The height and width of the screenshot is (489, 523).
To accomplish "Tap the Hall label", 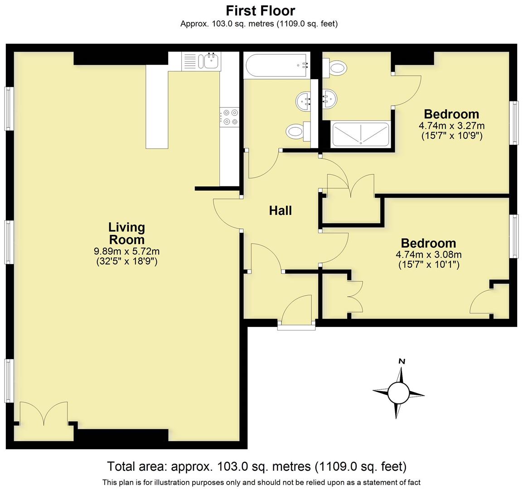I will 280,211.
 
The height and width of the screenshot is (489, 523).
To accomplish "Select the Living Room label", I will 126,233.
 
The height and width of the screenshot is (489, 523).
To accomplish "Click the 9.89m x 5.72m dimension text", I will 126,251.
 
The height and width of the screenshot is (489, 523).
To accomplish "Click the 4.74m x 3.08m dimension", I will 428,255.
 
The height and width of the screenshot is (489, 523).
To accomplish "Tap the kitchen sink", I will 211,61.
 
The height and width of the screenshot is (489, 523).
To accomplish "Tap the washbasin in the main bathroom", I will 303,101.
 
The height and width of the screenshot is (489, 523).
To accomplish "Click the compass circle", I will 398,393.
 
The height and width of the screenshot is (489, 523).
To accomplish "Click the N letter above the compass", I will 401,361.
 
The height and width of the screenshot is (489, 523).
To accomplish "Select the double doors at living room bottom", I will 44,413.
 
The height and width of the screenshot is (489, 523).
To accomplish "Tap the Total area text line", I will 257,466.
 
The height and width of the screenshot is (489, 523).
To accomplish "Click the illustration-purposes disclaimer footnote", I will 261,482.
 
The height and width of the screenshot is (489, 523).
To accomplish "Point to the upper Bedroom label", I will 451,114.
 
